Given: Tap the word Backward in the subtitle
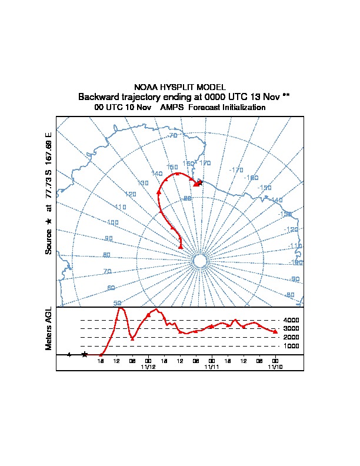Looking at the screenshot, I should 98,96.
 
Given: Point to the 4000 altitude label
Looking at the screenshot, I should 292,320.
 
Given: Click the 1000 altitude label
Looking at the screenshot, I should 292,346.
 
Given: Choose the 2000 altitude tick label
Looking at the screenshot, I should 292,337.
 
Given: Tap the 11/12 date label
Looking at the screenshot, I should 148,367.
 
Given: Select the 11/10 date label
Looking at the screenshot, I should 275,367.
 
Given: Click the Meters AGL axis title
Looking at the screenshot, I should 49,328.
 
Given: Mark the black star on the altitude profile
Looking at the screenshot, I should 85,354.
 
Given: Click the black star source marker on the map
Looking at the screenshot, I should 200,182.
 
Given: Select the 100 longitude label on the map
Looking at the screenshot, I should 113,223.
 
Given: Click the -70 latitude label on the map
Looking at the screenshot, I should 172,136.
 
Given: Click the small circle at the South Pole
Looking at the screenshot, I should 199,261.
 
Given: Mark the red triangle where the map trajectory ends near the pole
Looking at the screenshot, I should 181,247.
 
